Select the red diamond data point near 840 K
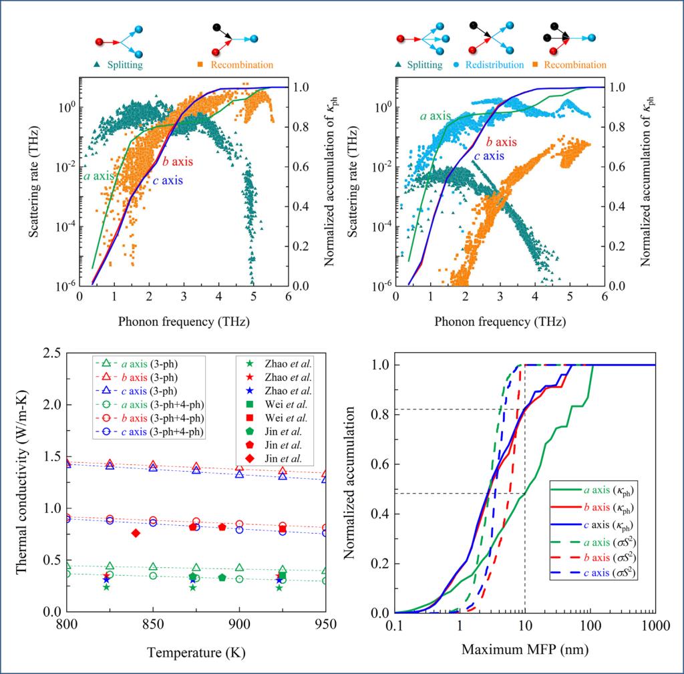coord(136,533)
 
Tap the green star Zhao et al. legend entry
coord(276,363)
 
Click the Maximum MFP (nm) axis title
coord(524,649)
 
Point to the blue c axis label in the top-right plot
coord(490,156)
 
